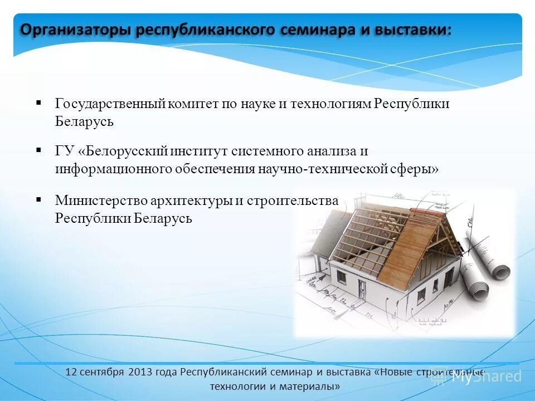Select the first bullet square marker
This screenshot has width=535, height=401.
pyautogui.click(x=39, y=103)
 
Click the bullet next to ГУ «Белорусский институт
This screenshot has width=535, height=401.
pyautogui.click(x=39, y=150)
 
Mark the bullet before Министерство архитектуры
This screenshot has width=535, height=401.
pyautogui.click(x=39, y=199)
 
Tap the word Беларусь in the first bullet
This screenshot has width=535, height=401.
pyautogui.click(x=84, y=122)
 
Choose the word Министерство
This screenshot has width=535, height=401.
pyautogui.click(x=101, y=200)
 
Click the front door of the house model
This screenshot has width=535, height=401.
pyautogui.click(x=363, y=290)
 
